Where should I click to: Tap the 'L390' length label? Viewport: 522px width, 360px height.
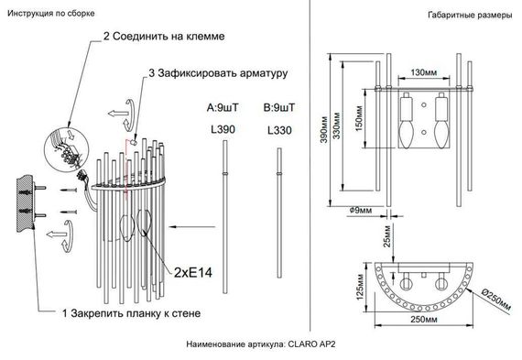[223, 131]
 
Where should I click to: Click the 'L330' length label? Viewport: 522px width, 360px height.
[278, 131]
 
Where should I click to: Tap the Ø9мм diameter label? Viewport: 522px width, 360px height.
[360, 211]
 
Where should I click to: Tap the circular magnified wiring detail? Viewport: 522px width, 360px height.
[64, 147]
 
